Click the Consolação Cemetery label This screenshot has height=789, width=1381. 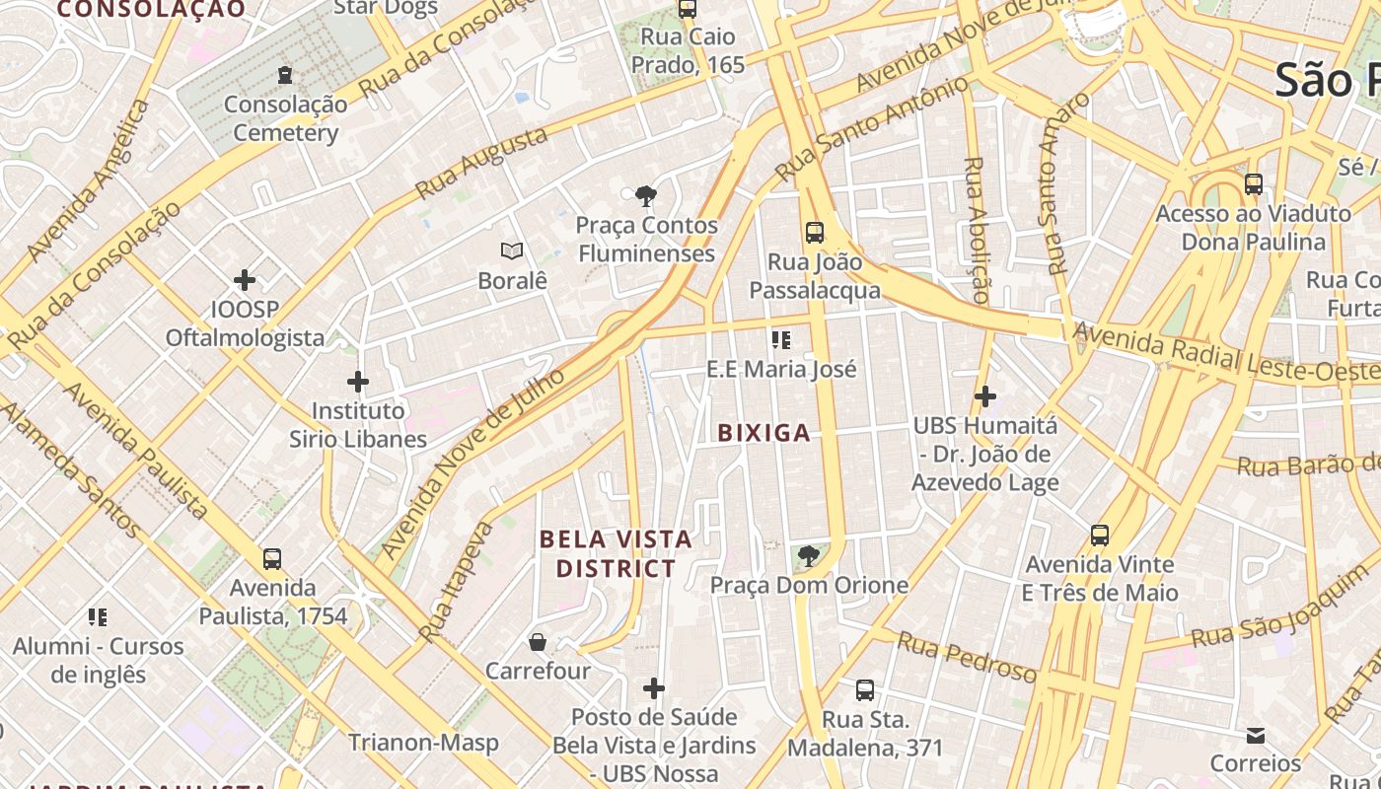coord(285,118)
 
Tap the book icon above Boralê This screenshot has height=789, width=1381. coord(512,251)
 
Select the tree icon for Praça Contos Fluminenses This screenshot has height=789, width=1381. coord(647,196)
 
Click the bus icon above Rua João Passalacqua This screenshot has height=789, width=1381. coord(815,233)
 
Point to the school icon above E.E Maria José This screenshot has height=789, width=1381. coord(781,340)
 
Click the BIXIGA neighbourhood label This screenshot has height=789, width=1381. coord(764,433)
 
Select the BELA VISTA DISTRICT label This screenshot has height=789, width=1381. coord(617,554)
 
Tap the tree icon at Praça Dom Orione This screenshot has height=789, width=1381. coord(809,556)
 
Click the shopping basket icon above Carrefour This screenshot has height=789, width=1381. coord(538,642)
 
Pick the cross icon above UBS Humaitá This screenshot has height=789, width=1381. coord(984,396)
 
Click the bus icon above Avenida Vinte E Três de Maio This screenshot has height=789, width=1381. coord(1100,536)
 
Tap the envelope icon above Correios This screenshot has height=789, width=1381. coord(1256,735)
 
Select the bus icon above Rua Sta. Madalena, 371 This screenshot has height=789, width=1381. coord(865,689)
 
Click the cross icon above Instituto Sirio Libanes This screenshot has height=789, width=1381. coord(358,381)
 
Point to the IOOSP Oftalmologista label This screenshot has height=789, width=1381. coord(245,323)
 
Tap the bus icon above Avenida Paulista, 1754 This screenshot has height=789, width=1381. coord(272,559)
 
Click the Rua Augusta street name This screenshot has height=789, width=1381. coord(480,164)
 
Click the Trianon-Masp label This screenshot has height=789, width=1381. coord(423,743)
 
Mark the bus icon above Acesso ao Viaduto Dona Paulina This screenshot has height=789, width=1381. coord(1254,184)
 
